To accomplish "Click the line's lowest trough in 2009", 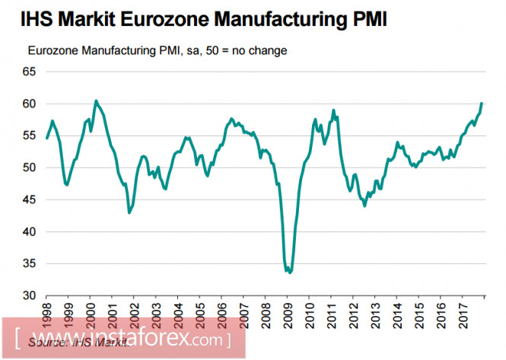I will tap(290, 272).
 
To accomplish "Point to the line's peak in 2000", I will tap(95, 100).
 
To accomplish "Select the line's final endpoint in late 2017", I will tap(482, 103).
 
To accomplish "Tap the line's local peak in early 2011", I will tap(333, 110).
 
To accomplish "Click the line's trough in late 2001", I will tap(129, 212).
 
